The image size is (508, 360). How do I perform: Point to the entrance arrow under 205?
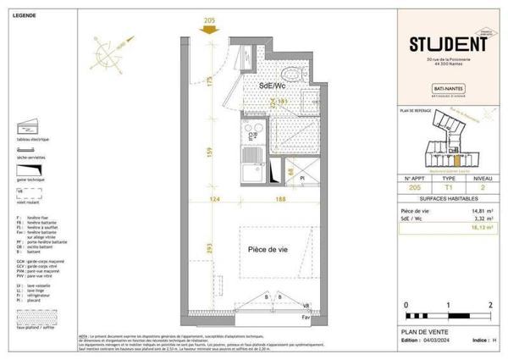(207, 31)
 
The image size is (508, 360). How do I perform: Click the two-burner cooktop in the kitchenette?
(251, 133)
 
